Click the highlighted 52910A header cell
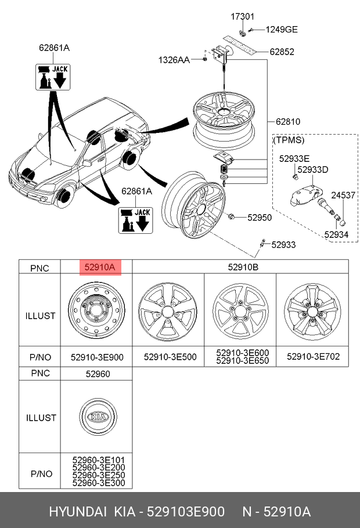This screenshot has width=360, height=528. click(100, 267)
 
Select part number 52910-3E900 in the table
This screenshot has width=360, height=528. click(97, 357)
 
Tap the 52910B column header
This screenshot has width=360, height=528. click(243, 267)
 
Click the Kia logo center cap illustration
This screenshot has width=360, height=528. click(99, 417)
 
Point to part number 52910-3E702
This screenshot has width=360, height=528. click(313, 357)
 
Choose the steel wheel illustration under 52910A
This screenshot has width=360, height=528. click(97, 310)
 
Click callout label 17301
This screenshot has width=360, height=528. click(242, 16)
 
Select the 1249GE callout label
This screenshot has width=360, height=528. click(282, 30)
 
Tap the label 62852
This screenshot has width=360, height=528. click(282, 52)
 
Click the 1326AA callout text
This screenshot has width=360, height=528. click(174, 60)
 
